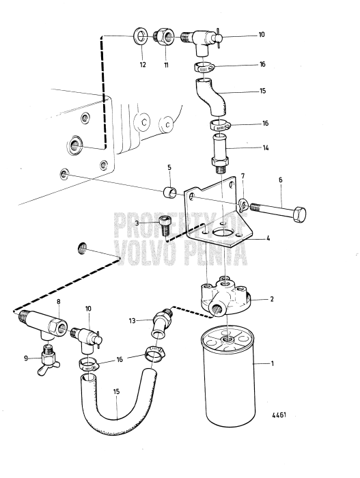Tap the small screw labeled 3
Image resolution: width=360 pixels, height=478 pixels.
click(164, 223)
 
